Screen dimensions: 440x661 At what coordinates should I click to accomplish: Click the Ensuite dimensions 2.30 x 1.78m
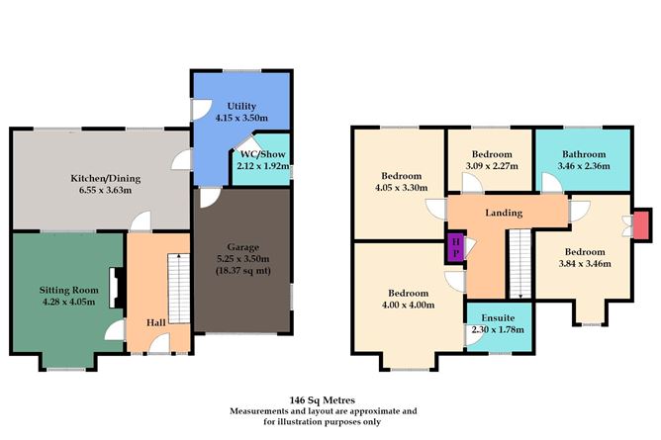click(499, 328)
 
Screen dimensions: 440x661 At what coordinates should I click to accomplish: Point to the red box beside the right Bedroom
click(641, 223)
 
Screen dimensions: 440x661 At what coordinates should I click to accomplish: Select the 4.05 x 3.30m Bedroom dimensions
click(402, 187)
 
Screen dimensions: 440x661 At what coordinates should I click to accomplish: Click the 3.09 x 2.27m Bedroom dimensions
click(491, 166)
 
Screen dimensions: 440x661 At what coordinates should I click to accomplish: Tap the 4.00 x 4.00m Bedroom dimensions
click(407, 306)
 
